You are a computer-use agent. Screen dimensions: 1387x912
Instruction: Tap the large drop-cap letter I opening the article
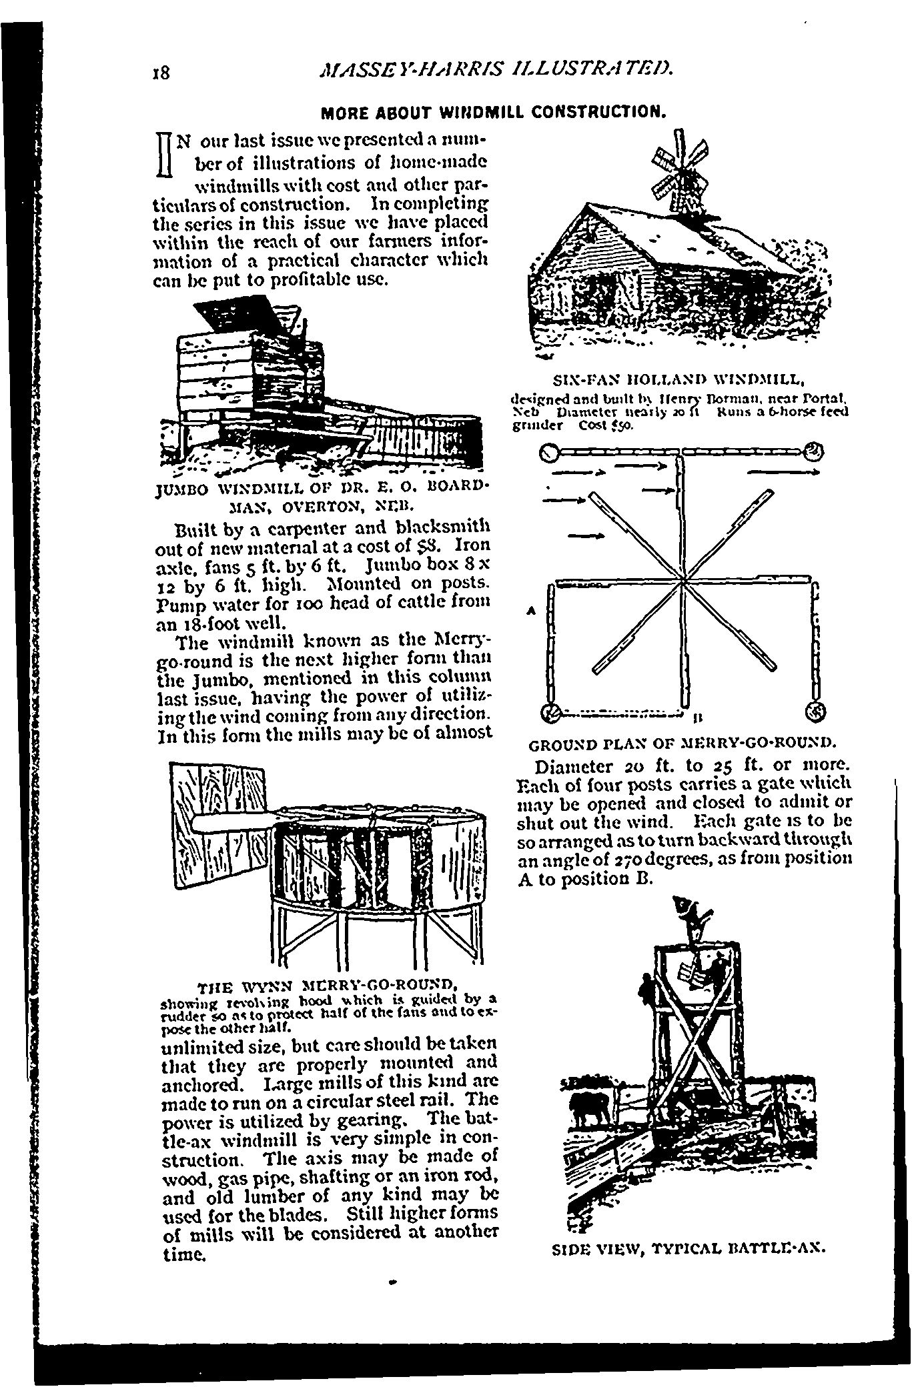pyautogui.click(x=165, y=155)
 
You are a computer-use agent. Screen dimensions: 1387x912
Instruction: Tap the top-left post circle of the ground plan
pyautogui.click(x=548, y=453)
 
